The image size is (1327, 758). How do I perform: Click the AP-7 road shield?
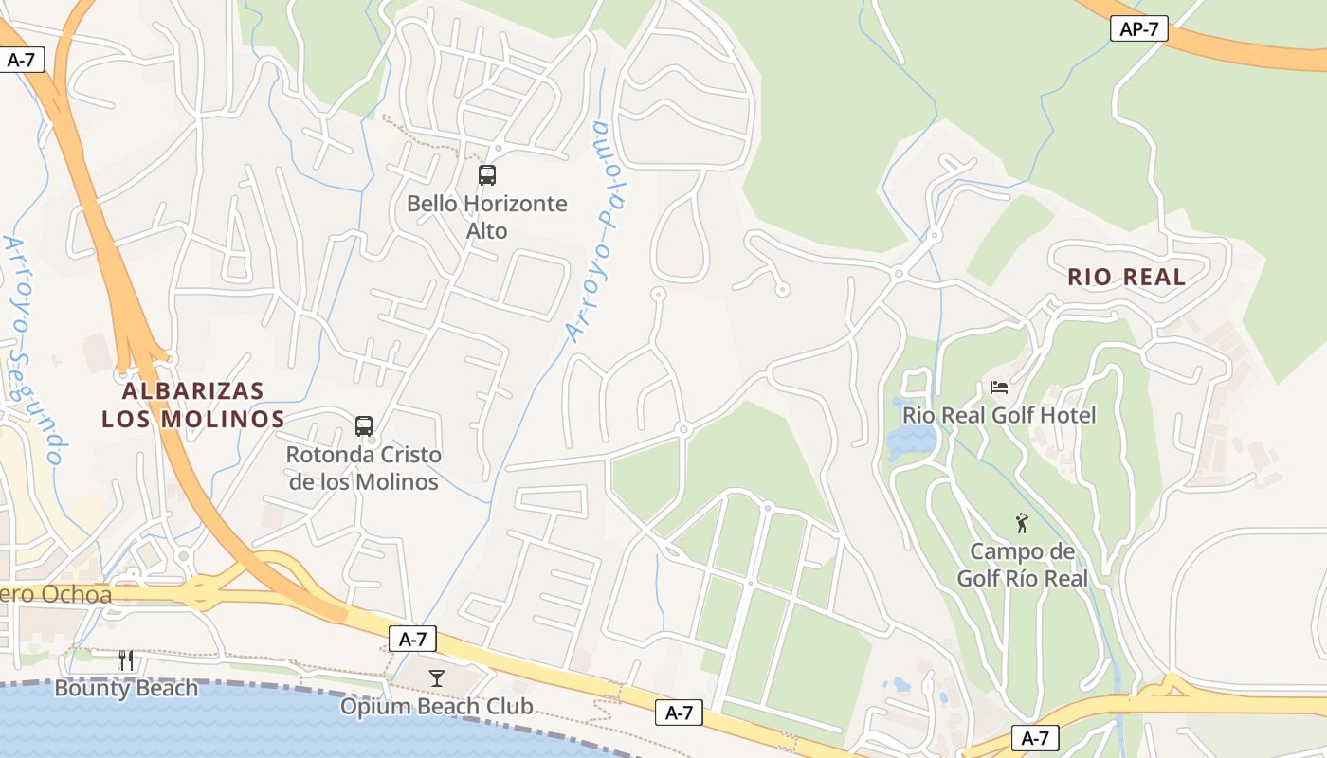pyautogui.click(x=1138, y=29)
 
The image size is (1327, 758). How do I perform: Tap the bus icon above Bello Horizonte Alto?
pyautogui.click(x=487, y=175)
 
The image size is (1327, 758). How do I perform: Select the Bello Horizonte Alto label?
pyautogui.click(x=487, y=217)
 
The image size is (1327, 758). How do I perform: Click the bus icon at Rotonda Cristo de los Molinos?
pyautogui.click(x=364, y=426)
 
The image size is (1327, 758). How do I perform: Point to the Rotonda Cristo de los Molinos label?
pyautogui.click(x=364, y=468)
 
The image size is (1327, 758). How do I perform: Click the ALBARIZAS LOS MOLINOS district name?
pyautogui.click(x=193, y=405)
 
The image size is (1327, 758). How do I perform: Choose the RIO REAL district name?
pyautogui.click(x=1127, y=277)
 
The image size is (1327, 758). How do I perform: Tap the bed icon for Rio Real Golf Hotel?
pyautogui.click(x=999, y=387)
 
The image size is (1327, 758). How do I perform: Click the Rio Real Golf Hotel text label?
pyautogui.click(x=999, y=415)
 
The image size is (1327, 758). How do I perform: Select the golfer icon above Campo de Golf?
pyautogui.click(x=1022, y=523)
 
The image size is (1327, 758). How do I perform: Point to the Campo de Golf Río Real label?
pyautogui.click(x=1022, y=565)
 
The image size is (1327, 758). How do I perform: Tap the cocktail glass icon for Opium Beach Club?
pyautogui.click(x=437, y=677)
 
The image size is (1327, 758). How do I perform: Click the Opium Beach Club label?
pyautogui.click(x=437, y=706)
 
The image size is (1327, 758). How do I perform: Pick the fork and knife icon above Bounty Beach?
pyautogui.click(x=126, y=660)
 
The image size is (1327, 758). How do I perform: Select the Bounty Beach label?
pyautogui.click(x=126, y=688)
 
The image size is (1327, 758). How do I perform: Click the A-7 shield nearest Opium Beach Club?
pyautogui.click(x=412, y=639)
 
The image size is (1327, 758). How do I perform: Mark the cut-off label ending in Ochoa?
pyautogui.click(x=57, y=595)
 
